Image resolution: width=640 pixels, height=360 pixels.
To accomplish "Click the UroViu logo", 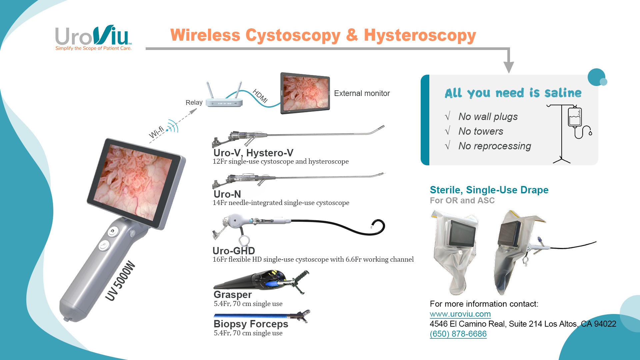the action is point(93,38).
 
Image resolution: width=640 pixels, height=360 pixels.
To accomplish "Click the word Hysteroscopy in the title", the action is point(420,35).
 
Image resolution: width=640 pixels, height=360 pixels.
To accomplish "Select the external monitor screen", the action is point(305,93).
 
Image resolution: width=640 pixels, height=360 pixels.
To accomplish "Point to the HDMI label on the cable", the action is point(260,96).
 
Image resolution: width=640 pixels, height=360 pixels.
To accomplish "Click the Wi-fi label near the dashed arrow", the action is point(156,132).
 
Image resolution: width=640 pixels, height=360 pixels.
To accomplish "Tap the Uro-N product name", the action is point(227,194).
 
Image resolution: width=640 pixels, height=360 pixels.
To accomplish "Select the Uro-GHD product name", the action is point(234,251).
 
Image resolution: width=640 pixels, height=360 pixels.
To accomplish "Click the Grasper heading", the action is point(233,295).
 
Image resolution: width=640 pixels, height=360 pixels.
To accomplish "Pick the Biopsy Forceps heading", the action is point(251,324).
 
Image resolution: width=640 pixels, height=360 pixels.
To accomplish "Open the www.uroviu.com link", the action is point(460,314).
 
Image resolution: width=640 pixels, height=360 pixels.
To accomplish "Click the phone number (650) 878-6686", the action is point(458,334).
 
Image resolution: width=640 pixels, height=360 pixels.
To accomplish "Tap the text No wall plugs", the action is point(488,117).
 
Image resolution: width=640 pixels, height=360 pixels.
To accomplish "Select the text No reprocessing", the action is point(495,146).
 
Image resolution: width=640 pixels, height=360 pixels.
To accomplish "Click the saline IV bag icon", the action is point(575,117).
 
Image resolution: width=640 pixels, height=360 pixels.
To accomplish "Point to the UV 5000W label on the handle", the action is point(120,281).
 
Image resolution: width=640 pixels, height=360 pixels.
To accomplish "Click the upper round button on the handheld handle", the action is point(113,231).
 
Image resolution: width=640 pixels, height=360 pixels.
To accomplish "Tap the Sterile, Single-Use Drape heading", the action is point(489,190).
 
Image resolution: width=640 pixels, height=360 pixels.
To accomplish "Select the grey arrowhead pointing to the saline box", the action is point(508,67).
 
